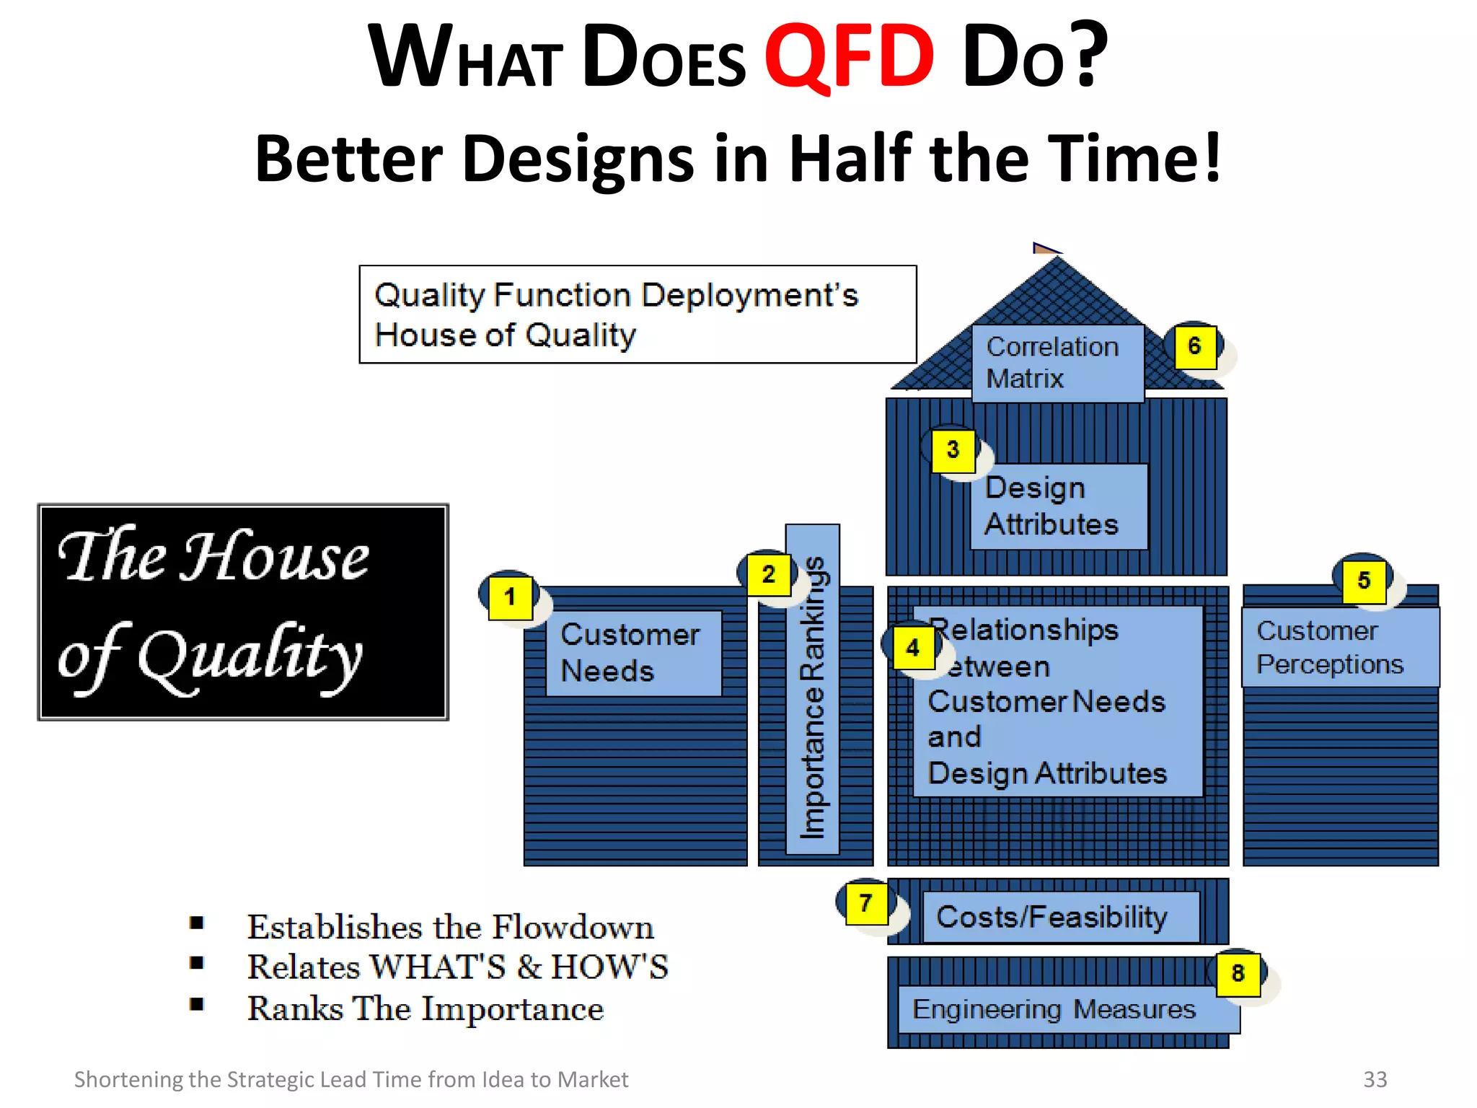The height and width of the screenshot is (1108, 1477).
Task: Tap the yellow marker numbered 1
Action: (x=510, y=597)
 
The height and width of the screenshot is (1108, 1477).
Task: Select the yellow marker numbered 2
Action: (x=768, y=575)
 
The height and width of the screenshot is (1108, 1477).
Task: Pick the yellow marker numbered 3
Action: (x=953, y=451)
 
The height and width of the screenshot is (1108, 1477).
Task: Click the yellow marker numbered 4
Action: (x=913, y=648)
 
